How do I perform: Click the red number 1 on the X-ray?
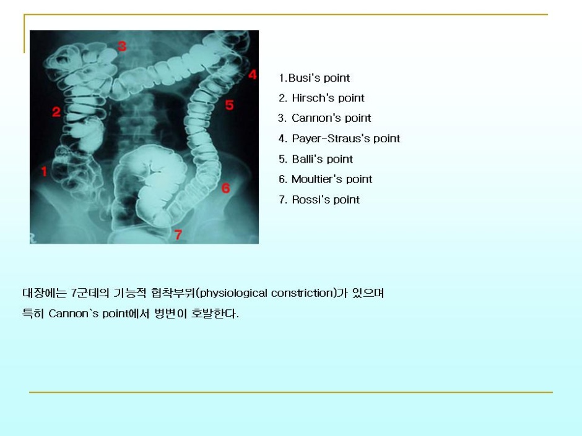coord(44,172)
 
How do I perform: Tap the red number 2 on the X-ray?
coord(56,112)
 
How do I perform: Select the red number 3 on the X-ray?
coord(122,46)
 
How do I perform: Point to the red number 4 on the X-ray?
coord(253,74)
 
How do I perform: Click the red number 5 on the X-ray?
coord(229,105)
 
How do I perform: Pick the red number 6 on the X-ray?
coord(225,189)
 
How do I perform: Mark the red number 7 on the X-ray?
coord(178,234)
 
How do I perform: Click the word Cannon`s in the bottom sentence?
coord(74,314)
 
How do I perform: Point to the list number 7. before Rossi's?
coord(283,200)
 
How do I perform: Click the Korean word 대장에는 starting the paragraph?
coord(44,293)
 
